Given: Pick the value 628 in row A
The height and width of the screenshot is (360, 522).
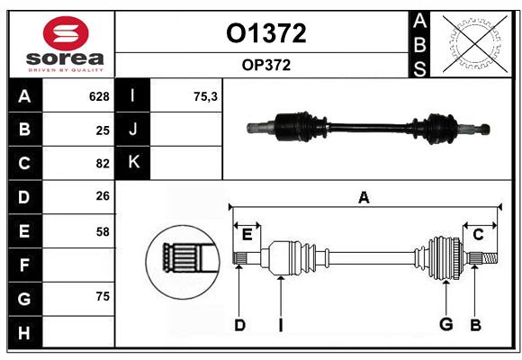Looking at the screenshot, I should (99, 96).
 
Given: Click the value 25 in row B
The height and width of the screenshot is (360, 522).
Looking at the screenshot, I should (103, 130).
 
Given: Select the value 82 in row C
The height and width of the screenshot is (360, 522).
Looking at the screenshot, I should (103, 164).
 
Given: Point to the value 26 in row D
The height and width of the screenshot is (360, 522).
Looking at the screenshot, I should (103, 197).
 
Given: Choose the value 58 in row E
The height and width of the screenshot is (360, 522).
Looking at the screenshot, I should (103, 231).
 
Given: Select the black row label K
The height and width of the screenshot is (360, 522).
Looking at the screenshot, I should (134, 163).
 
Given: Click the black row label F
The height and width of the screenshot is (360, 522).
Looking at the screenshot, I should (24, 265).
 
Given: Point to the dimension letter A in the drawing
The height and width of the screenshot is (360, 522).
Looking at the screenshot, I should (364, 197).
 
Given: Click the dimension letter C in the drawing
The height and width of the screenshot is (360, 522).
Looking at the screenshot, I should (478, 234).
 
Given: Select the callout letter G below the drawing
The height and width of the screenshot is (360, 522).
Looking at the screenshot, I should (445, 325).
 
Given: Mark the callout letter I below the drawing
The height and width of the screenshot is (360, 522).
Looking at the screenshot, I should (280, 325).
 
